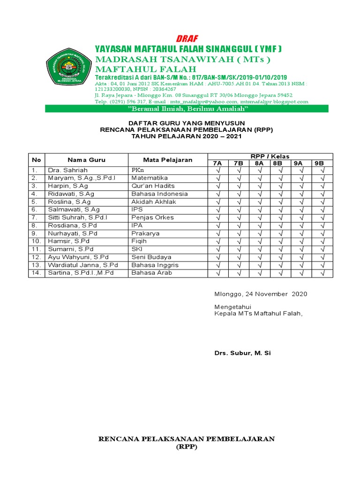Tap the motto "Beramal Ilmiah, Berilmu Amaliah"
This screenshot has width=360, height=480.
[x=187, y=109]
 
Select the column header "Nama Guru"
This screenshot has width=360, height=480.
[x=86, y=160]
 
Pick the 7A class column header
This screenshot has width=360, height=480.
[x=217, y=163]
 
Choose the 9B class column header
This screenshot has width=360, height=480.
[x=322, y=163]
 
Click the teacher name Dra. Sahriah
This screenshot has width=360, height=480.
[x=67, y=170]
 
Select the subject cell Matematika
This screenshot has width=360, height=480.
[x=150, y=178]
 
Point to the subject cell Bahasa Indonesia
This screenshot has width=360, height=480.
[x=159, y=194]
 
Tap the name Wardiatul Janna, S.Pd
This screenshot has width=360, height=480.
[x=82, y=265]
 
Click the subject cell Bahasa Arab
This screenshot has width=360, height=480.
[x=151, y=273]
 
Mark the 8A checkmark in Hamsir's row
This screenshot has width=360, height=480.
[x=260, y=241]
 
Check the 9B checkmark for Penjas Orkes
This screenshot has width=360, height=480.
[x=322, y=217]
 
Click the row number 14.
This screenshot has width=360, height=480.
[x=36, y=273]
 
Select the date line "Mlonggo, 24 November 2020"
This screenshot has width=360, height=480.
[x=261, y=294]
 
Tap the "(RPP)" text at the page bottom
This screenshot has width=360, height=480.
[x=187, y=447]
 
